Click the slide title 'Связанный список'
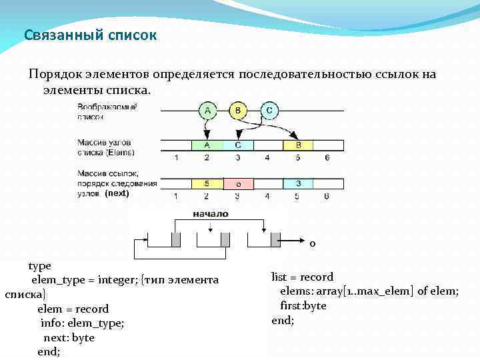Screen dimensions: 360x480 pos(90,35)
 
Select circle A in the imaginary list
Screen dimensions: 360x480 pos(207,111)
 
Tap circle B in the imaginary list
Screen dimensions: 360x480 pos(238,111)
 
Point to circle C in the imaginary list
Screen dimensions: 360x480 pos(269,111)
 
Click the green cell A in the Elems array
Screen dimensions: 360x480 pos(207,145)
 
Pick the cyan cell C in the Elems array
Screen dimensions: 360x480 pos(237,145)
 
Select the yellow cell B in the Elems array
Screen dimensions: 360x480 pos(299,145)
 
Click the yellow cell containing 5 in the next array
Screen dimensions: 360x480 pos(207,183)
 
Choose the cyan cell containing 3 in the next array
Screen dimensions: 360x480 pos(299,183)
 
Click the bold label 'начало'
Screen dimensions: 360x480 pos(210,214)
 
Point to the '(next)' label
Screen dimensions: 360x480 pos(116,193)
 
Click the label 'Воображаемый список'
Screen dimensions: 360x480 pos(107,111)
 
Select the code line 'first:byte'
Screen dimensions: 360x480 pos(303,305)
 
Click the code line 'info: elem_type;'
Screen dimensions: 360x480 pos(82,323)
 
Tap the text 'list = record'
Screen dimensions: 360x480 pos(302,277)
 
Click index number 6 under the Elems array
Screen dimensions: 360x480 pos(327,158)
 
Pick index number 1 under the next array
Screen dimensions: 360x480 pos(176,197)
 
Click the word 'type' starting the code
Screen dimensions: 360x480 pos(39,265)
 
